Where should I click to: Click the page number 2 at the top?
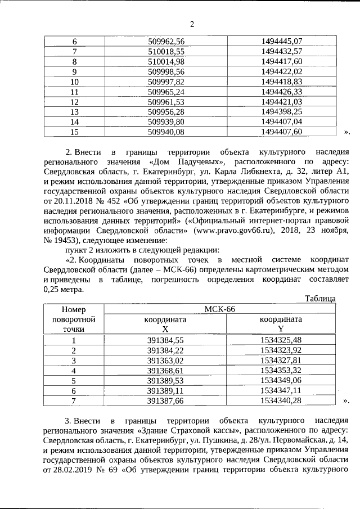coord(192,24)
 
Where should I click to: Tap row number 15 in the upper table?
coord(74,132)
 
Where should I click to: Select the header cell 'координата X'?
coord(165,324)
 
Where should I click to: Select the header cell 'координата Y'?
coord(281,324)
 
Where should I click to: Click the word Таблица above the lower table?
coord(319,299)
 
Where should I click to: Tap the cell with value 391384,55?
coord(165,340)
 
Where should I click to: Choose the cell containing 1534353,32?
coord(281,370)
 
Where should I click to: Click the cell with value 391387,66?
coord(165,400)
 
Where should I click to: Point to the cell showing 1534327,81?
coord(281,360)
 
